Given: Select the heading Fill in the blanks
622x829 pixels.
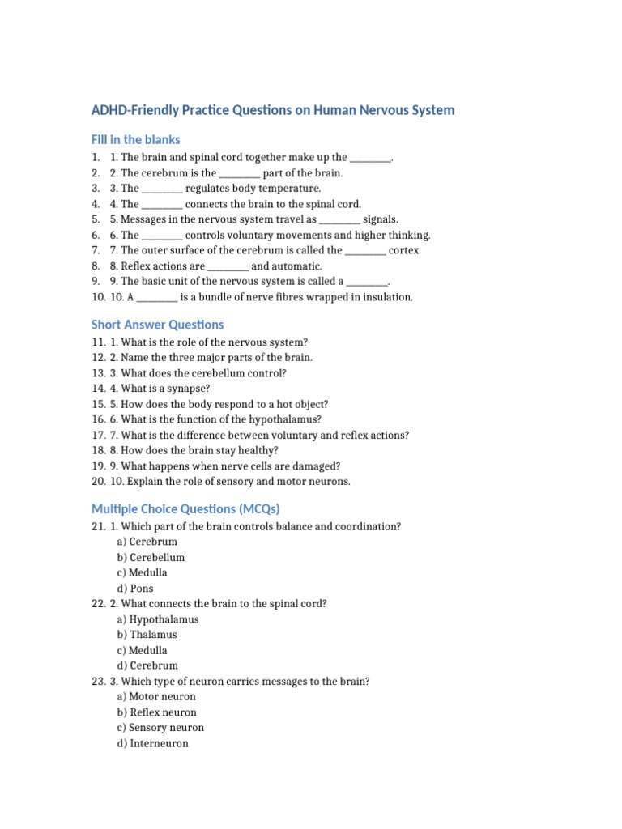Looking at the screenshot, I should pos(136,139).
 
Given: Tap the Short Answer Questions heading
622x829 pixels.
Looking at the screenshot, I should pos(157,325).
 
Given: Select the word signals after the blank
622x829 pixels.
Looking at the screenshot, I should pos(381,219).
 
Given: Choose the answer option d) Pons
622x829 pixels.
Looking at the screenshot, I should pos(135,589).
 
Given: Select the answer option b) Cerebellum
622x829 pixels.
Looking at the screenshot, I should pos(151,558).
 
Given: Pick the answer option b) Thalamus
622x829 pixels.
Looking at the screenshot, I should pos(147,635).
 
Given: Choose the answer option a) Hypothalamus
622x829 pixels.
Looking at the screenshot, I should pos(158,619).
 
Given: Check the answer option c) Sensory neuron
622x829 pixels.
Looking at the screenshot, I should pos(160,728).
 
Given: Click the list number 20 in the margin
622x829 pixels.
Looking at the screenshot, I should pos(99,482).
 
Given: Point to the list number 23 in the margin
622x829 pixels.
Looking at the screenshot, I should pos(99,682).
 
